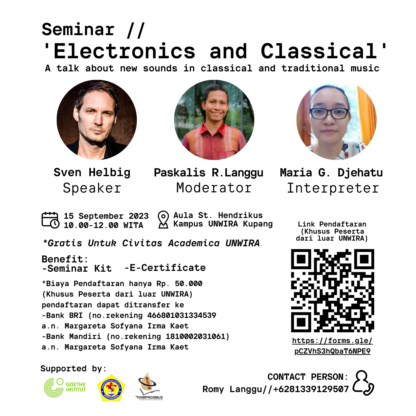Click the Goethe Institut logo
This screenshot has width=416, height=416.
[x=65, y=387]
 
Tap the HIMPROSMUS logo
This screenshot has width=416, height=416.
[x=149, y=386]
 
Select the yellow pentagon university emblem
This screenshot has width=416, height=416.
[x=111, y=388]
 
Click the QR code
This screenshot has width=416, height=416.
[x=333, y=290]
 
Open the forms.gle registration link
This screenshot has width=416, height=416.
[x=333, y=346]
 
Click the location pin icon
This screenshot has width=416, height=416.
[x=163, y=220]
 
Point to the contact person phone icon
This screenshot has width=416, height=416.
[x=363, y=383]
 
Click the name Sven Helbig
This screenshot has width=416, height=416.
[x=92, y=172]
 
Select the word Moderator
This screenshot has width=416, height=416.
[x=214, y=188]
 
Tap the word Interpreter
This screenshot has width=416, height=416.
[x=333, y=188]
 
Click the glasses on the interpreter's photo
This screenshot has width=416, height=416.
[x=329, y=113]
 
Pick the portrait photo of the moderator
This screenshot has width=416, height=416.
[x=214, y=120]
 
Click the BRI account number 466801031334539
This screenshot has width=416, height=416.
[x=182, y=315]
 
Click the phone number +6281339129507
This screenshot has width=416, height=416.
[x=311, y=389]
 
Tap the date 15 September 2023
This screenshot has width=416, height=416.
[x=106, y=216]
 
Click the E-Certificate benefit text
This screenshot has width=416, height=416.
[x=165, y=268]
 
